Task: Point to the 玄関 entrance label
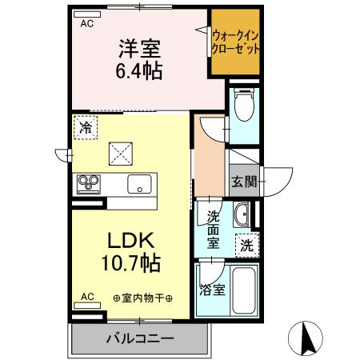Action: (x=244, y=182)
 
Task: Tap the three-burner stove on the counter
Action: (x=87, y=184)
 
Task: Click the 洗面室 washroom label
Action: (x=214, y=230)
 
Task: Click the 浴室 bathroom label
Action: (x=211, y=290)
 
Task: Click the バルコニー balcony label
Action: (x=140, y=339)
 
